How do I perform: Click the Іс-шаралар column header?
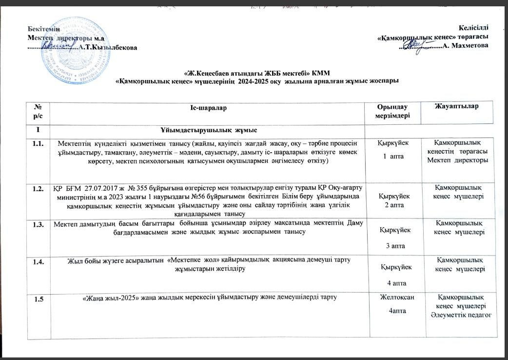[x=209, y=107]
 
